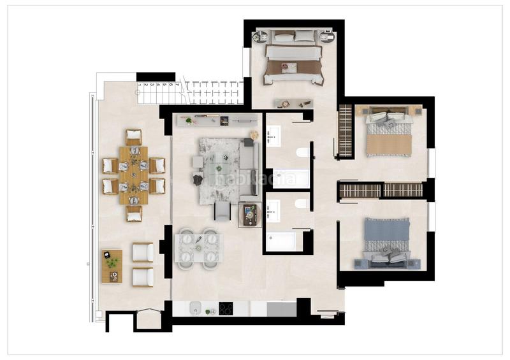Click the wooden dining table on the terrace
(x=133, y=175)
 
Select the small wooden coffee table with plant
(x=112, y=266)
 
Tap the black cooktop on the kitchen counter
(x=226, y=308)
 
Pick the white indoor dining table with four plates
(x=198, y=248)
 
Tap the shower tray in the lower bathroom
(x=280, y=241)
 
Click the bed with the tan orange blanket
(x=388, y=136)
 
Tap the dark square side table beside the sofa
(x=251, y=215)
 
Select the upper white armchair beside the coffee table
(x=143, y=253)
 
